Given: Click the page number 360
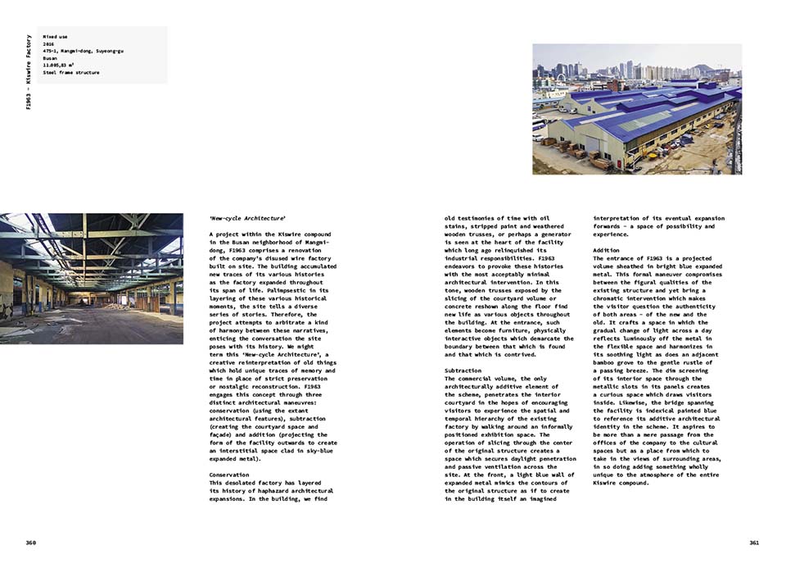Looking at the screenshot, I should tap(31, 543).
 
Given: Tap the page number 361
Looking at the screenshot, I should tap(754, 543).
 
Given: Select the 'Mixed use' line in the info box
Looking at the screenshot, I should tap(56, 36).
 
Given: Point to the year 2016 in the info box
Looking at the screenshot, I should tap(47, 43).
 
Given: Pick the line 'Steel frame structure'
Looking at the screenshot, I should tap(71, 73).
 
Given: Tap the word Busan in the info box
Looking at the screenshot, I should tap(50, 58).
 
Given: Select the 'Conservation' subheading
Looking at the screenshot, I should tap(230, 475).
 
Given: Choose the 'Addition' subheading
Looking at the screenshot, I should tap(607, 250).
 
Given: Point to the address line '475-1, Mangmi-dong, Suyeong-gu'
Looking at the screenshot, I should tap(83, 51).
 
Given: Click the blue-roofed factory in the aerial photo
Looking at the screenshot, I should tap(647, 119).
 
